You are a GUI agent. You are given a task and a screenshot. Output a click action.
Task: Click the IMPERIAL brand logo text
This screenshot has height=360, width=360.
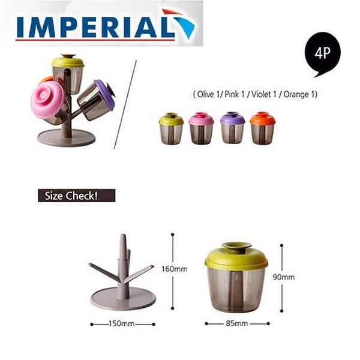pyautogui.click(x=95, y=27)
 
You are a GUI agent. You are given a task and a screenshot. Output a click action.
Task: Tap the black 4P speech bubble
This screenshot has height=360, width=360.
pyautogui.click(x=323, y=53)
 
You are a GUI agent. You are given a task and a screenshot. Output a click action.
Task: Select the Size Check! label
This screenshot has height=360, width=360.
pyautogui.click(x=77, y=196)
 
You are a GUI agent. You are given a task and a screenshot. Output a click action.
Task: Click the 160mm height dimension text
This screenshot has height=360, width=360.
pyautogui.click(x=175, y=269)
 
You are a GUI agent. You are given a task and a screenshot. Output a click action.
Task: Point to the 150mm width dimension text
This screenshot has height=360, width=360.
pyautogui.click(x=121, y=324)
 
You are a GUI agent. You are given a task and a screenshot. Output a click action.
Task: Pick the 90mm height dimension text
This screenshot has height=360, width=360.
pyautogui.click(x=284, y=277)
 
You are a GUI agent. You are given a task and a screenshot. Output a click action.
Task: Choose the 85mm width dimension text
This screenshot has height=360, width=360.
pyautogui.click(x=237, y=323)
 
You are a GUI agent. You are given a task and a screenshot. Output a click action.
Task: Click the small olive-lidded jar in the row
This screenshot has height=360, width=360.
pyautogui.click(x=171, y=128)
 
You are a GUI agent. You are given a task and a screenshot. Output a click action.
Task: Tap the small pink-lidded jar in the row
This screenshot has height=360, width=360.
pyautogui.click(x=201, y=128)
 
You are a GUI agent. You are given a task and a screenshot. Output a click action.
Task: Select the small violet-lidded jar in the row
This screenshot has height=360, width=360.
pyautogui.click(x=232, y=128)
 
